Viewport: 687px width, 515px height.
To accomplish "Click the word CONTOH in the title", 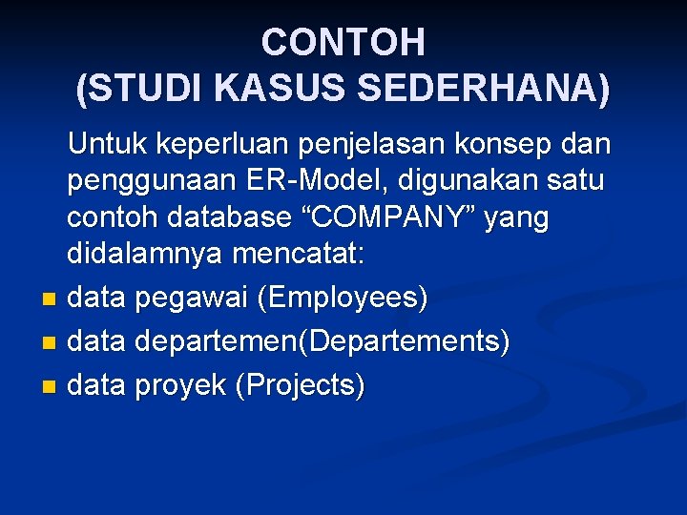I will click(x=343, y=42).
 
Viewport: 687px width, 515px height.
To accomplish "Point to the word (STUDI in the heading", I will click(x=141, y=88).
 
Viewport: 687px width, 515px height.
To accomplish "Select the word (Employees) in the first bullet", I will click(x=343, y=299).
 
